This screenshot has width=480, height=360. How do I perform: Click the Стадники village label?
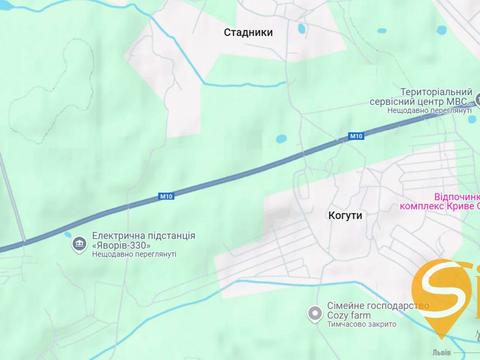249,31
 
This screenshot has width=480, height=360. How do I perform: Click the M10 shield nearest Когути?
357,135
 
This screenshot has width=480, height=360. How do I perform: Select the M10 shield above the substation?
166,196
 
